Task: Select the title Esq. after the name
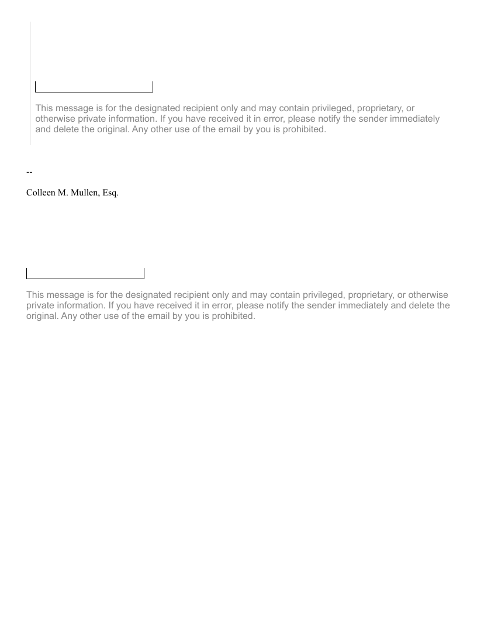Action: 110,192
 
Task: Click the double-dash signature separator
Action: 29,171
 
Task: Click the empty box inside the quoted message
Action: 94,87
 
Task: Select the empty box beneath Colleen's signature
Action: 85,273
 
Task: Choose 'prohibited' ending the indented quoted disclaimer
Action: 302,129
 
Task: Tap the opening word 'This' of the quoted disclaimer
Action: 45,108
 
